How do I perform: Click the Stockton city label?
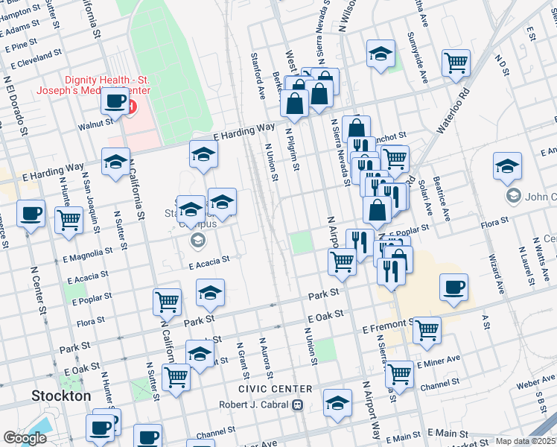tap(61, 396)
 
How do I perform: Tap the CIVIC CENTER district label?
tap(276, 390)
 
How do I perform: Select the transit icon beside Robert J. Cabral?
tap(297, 405)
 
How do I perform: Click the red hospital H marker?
tap(132, 107)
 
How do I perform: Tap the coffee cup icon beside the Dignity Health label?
tap(114, 101)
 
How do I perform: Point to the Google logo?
tap(25, 438)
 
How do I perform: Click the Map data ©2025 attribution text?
tap(526, 441)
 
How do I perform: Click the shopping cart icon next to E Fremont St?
tap(427, 330)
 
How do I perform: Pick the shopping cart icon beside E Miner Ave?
tap(400, 374)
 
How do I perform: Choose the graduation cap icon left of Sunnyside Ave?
tap(380, 54)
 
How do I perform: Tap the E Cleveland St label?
tap(33, 56)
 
